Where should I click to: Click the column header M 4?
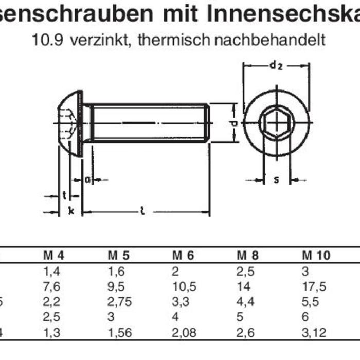click(53, 256)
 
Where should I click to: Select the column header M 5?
click(119, 256)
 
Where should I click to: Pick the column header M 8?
click(248, 256)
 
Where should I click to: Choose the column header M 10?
click(316, 256)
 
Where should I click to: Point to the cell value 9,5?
click(117, 286)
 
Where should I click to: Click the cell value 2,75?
click(119, 302)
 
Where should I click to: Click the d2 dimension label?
click(276, 65)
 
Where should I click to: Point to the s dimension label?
click(276, 179)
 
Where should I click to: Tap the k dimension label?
click(70, 211)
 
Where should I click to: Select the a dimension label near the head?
click(87, 179)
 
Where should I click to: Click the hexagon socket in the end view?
click(276, 123)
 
